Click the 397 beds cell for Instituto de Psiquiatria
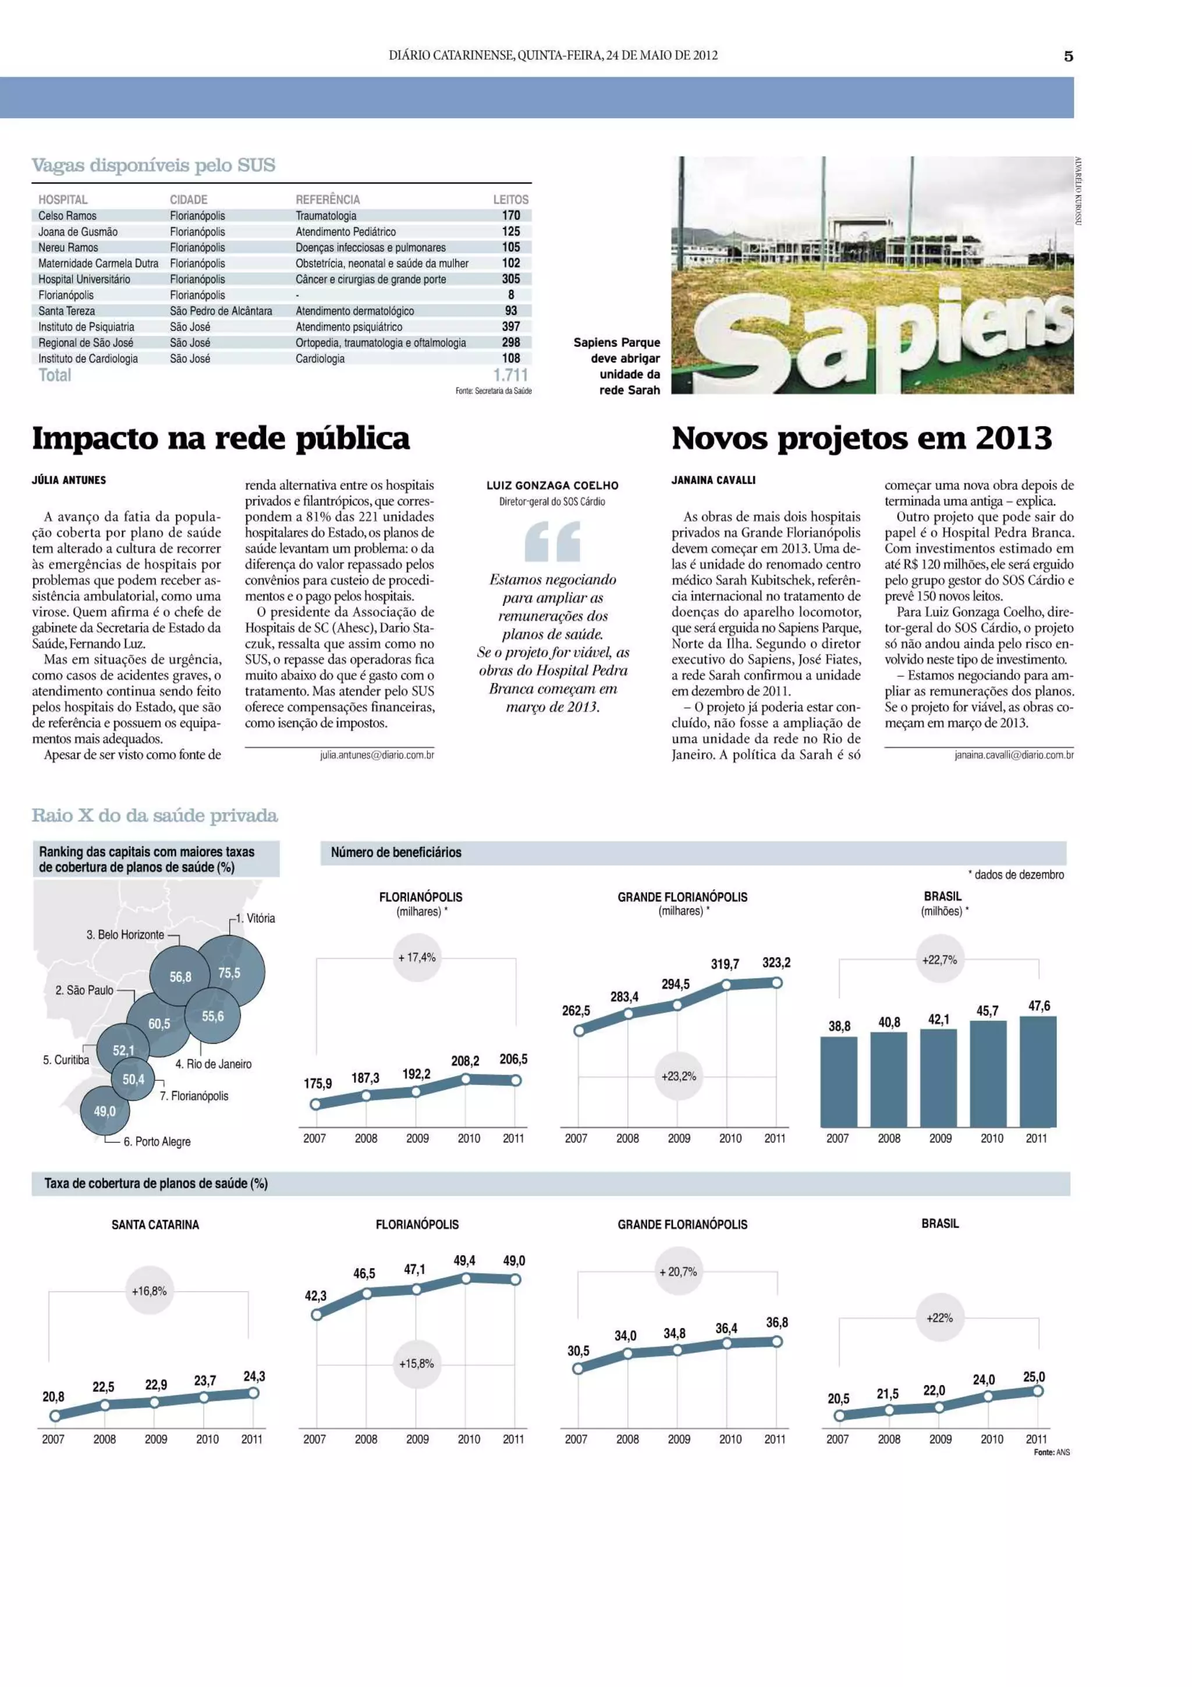click(510, 326)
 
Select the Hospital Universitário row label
click(84, 279)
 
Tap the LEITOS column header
click(510, 199)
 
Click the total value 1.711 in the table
click(510, 375)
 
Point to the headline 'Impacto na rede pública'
click(221, 439)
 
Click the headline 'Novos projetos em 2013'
click(861, 439)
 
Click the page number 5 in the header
click(1068, 56)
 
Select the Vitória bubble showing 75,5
click(230, 972)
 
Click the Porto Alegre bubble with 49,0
click(104, 1111)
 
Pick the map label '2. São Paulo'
click(84, 990)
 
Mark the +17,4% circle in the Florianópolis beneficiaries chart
click(416, 958)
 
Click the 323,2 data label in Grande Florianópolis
click(776, 962)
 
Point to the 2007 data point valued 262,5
click(579, 1030)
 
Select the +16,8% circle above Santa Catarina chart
click(149, 1291)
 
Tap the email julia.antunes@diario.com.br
click(377, 754)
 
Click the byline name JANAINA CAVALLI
click(713, 480)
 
